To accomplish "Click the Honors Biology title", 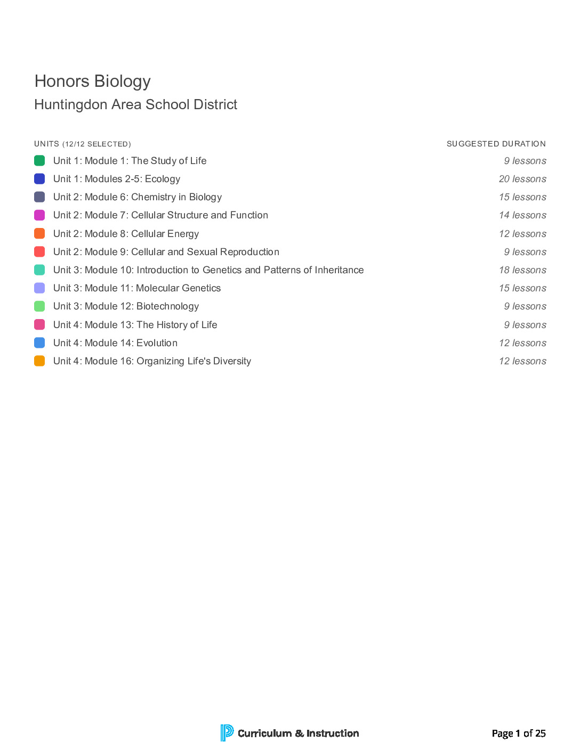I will tap(93, 81).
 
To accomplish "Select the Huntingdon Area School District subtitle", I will tap(136, 105).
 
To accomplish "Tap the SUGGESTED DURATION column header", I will tap(496, 144).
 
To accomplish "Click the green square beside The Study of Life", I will tap(39, 161).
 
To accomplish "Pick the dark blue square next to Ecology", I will tap(39, 179).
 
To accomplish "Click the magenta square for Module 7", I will tap(39, 215).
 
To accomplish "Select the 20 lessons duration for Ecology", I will tap(522, 179).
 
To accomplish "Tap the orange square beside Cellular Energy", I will tap(39, 233).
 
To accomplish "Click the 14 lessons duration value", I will tap(522, 215).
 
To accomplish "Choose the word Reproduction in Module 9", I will tap(249, 252).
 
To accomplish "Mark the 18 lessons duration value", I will tap(522, 270).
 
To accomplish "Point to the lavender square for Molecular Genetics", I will tap(39, 288).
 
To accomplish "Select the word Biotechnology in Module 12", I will tap(167, 306).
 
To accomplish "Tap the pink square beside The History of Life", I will tap(39, 325).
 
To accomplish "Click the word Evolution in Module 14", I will tap(157, 343).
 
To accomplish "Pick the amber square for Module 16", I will tap(39, 361).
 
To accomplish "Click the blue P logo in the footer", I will tap(227, 733).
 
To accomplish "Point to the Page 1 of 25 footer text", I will tap(519, 733).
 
